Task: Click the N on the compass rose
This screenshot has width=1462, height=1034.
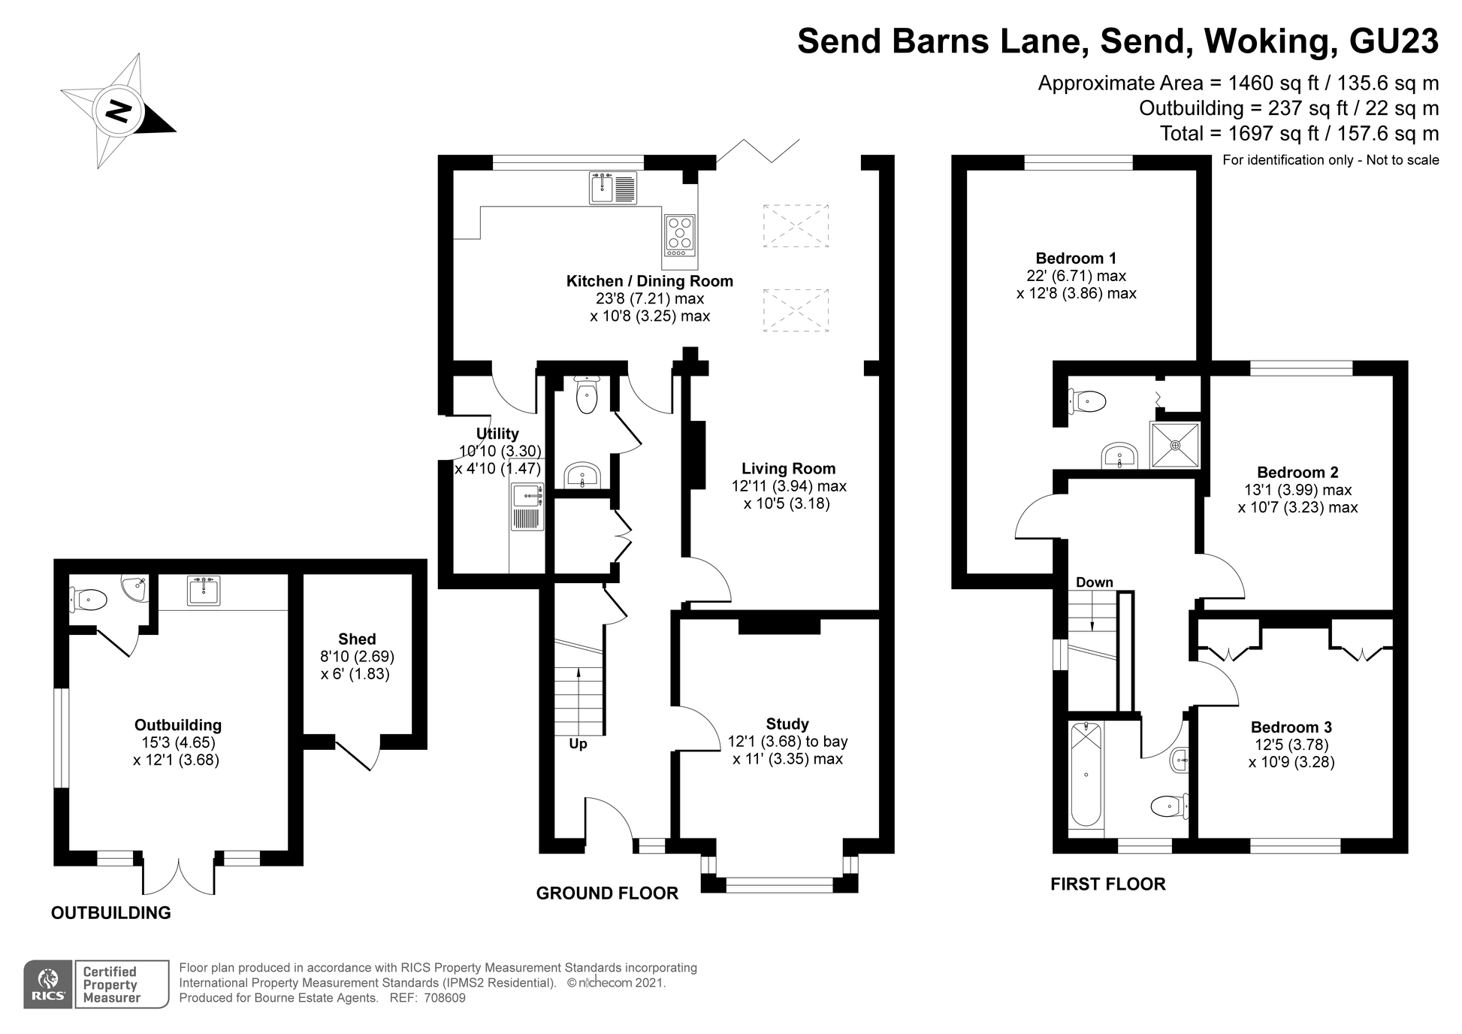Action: coord(118,111)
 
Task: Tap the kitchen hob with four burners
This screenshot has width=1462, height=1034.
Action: coord(679,233)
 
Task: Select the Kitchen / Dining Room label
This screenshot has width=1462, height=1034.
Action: coord(649,281)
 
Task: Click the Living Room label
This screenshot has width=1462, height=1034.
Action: coord(788,468)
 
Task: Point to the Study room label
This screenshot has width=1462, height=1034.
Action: coord(787,724)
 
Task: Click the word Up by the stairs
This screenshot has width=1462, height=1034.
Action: coord(578,744)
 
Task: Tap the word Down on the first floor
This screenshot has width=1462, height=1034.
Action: coord(1094,582)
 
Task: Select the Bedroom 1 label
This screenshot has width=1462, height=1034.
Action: coord(1076,258)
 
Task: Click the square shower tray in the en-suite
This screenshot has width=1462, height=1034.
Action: coord(1175,445)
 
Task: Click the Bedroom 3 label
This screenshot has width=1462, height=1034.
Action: coord(1291,727)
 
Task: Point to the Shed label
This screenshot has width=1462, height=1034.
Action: coord(357,639)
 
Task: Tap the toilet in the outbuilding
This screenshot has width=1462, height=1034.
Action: coord(90,600)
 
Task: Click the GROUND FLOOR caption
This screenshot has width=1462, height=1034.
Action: coord(607,893)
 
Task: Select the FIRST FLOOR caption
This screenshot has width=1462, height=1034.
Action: coord(1107,884)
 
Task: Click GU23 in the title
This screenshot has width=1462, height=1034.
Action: coord(1394,41)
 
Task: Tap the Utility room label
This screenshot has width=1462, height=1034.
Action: coord(497,434)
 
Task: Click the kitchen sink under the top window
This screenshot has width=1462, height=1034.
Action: coord(612,188)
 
